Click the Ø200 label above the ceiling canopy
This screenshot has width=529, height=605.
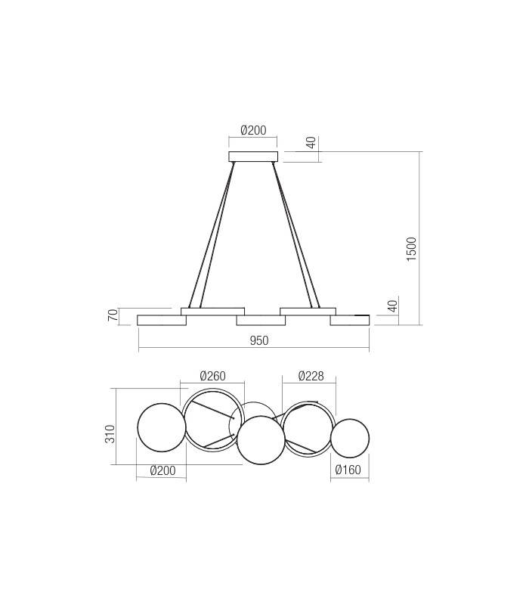[x=253, y=130]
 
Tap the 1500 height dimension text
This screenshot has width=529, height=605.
[x=411, y=249]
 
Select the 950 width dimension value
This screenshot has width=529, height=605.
[x=259, y=341]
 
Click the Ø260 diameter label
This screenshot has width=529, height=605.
[x=212, y=376]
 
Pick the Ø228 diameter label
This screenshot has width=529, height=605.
[x=311, y=376]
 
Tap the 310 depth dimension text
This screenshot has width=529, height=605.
[x=110, y=433]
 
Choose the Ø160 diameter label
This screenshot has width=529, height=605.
[x=348, y=470]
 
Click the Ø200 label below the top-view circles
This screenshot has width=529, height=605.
[x=162, y=470]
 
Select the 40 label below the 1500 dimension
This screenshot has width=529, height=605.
[x=392, y=306]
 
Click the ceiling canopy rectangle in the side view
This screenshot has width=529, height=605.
[x=253, y=157]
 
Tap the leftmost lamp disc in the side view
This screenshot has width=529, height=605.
[x=162, y=321]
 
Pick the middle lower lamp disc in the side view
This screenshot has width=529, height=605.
[x=261, y=321]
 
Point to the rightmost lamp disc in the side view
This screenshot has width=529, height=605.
[x=350, y=321]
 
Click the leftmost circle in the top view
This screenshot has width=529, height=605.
[x=161, y=427]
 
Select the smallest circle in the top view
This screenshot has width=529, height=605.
[x=350, y=439]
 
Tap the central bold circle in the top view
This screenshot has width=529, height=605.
[x=261, y=439]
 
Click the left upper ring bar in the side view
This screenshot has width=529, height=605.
[x=212, y=311]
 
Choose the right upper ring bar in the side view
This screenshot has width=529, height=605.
[x=308, y=311]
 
